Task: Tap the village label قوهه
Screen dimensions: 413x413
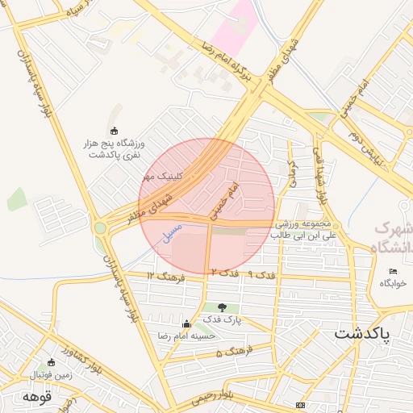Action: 37,397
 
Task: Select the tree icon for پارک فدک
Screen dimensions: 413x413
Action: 222,307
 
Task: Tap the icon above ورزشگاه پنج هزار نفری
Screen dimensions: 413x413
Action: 114,131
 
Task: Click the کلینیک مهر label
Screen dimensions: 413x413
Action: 164,175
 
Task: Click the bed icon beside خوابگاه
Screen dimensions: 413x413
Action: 393,271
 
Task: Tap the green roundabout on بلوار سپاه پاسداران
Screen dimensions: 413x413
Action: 100,228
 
